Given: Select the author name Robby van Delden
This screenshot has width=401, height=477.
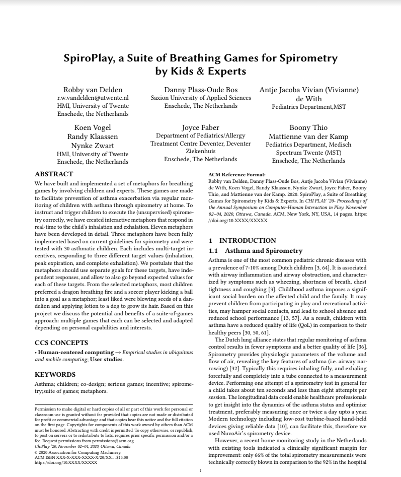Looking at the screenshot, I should (93, 90).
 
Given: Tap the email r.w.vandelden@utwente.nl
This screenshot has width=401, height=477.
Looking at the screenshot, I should (93, 98).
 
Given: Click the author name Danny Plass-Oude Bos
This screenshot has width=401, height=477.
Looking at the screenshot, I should (201, 90).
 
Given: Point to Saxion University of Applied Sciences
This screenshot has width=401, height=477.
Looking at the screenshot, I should (201, 98).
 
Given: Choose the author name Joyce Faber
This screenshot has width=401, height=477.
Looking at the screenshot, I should (200, 127).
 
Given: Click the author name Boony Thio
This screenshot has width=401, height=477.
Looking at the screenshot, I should (308, 127).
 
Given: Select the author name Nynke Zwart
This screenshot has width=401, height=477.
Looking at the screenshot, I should (93, 146).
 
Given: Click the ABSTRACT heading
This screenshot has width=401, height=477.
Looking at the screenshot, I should (54, 174).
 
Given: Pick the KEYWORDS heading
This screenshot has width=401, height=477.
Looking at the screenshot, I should (55, 374).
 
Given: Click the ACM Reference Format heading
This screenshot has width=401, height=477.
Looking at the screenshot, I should (236, 175).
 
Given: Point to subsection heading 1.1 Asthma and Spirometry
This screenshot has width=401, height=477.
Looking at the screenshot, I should (256, 250).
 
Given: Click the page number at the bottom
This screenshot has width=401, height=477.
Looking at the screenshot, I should (201, 470).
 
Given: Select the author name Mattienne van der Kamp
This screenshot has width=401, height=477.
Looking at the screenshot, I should (308, 137).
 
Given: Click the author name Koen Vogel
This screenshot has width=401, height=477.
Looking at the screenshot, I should (93, 127).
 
